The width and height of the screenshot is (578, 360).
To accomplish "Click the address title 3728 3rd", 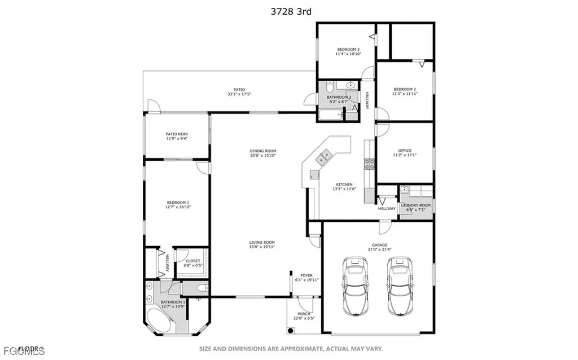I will pos(288,11).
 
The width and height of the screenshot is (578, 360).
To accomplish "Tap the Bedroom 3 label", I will pos(348,50).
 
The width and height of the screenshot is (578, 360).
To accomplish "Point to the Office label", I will pos(404,151).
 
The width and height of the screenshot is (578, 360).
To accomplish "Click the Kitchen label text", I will pos(344,185).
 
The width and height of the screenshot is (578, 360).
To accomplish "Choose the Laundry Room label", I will pos(415,205).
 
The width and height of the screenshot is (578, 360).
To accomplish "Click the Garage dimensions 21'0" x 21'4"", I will pos(379,249).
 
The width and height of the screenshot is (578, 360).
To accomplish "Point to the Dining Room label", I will pos(263,151).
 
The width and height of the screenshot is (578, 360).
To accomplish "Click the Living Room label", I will pos(262,243).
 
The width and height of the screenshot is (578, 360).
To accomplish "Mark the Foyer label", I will pos(306,276).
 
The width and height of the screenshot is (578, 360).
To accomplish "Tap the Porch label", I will pos(304,314).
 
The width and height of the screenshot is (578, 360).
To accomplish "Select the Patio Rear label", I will pos(177,134).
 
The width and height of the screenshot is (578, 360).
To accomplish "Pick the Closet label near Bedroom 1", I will pos(192,261).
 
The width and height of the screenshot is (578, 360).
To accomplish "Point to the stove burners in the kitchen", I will pos(370,164).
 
